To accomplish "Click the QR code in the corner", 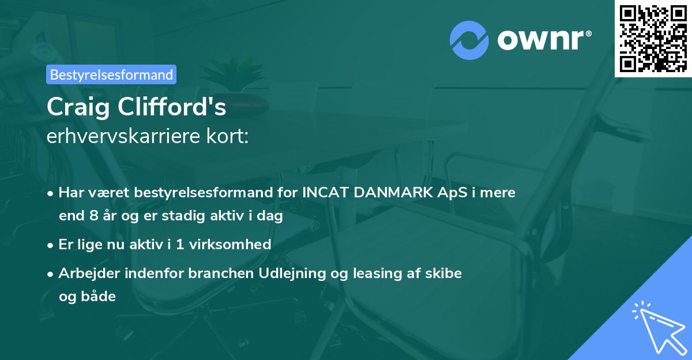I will tap(653, 39).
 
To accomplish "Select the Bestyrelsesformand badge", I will tap(111, 74).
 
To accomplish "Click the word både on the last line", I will tap(87, 297).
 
